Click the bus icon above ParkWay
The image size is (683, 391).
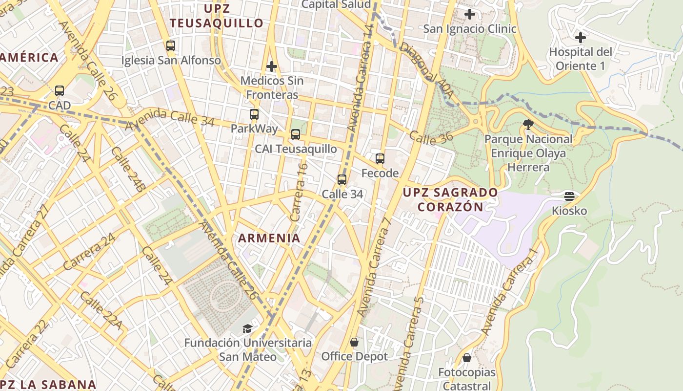coord(254,114)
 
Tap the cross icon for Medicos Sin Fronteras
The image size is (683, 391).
coord(272,66)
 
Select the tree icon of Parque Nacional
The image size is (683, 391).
coord(528,125)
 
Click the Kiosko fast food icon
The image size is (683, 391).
coord(569,196)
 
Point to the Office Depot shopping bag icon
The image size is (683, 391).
coord(354,342)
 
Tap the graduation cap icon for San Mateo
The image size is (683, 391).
coord(248,328)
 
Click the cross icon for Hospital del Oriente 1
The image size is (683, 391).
coord(581,37)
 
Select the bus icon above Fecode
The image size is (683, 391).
coord(380,158)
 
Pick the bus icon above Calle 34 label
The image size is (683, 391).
coord(342,179)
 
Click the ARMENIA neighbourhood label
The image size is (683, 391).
coord(269,239)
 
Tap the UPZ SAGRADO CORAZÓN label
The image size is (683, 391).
coord(450,199)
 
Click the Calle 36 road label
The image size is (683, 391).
coord(431,138)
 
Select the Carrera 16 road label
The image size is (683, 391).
coord(299,192)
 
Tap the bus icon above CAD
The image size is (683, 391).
coord(60,90)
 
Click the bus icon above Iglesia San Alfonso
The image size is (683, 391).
coord(170,46)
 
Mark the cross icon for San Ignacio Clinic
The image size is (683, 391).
coord(470,14)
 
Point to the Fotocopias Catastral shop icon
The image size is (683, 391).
coord(467,358)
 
